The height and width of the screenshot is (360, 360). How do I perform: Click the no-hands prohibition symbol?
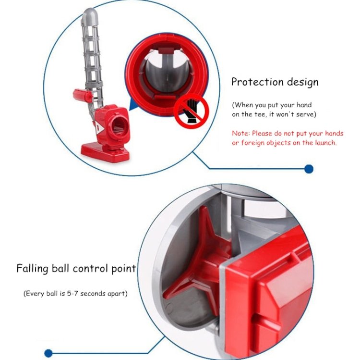point(191,111)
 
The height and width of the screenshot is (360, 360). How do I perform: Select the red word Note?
point(240,133)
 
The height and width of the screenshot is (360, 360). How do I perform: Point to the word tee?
point(259,114)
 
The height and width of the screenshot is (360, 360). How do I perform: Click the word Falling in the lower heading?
point(32,268)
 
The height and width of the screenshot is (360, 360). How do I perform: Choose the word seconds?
point(91,294)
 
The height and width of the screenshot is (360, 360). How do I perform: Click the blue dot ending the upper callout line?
point(309,169)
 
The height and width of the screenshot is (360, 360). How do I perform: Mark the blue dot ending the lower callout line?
point(48,353)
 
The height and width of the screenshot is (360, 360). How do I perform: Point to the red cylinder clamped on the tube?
point(83,95)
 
